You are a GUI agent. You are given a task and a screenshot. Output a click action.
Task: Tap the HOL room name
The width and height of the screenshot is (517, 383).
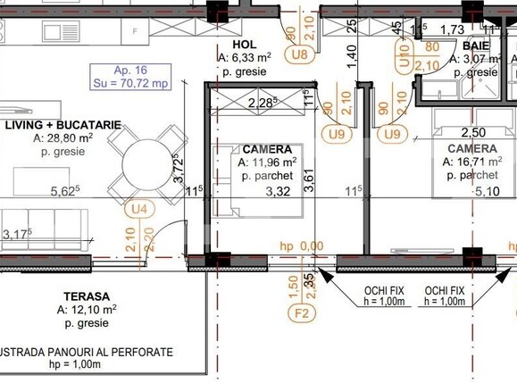point(244,44)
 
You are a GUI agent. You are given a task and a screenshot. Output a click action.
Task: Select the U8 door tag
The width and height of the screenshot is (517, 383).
point(300,55)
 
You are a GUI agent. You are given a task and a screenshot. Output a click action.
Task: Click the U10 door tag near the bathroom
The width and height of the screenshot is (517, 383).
point(404,62)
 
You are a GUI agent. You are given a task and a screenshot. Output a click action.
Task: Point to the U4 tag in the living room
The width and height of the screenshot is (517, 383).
point(138,209)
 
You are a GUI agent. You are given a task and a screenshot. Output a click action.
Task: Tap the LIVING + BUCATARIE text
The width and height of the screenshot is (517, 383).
point(63,127)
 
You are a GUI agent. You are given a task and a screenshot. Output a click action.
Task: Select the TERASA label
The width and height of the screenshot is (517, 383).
point(87,296)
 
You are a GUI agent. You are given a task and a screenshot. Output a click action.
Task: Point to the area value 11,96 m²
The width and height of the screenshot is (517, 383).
point(267,162)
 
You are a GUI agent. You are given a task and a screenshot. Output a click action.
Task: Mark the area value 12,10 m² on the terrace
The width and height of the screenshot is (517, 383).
point(87,310)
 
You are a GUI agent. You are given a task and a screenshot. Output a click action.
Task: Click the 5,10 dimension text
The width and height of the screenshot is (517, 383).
point(486,190)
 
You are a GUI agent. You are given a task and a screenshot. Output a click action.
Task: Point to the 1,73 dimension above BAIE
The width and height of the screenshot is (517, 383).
point(453,30)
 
